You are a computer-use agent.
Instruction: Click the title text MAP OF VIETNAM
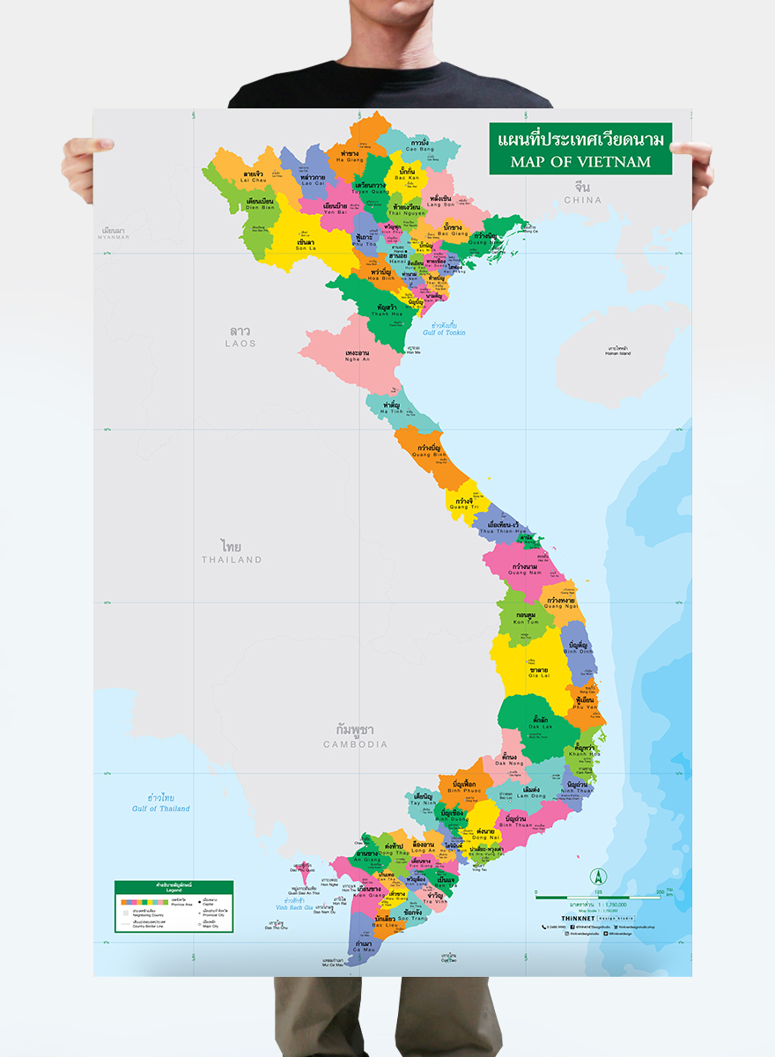580,161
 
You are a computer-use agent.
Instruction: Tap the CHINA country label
582,200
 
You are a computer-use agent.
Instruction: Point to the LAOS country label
240,343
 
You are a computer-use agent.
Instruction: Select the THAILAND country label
232,559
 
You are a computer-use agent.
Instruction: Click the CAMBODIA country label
355,744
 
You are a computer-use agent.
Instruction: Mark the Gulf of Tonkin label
444,332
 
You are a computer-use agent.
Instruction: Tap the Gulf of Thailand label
161,809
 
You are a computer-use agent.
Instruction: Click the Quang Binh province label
429,455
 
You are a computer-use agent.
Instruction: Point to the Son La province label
305,249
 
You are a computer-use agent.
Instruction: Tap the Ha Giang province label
349,159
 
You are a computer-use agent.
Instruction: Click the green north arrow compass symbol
599,876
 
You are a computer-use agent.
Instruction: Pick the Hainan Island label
618,353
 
